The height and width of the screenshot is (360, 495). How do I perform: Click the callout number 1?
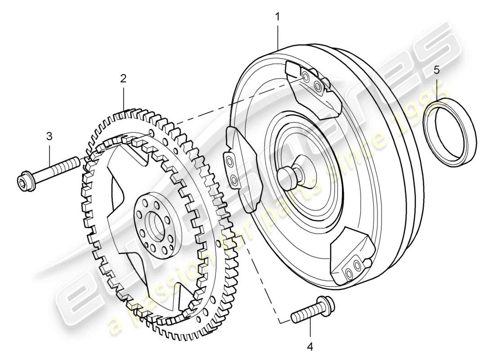pyautogui.click(x=278, y=17)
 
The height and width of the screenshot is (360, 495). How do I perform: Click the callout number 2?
pyautogui.click(x=123, y=78)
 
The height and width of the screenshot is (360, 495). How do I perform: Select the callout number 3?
pyautogui.click(x=49, y=135)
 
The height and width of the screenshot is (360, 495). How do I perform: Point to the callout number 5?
pyautogui.click(x=436, y=70)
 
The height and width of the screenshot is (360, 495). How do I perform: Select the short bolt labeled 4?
pyautogui.click(x=310, y=310)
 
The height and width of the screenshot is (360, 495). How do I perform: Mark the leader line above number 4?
pyautogui.click(x=310, y=330)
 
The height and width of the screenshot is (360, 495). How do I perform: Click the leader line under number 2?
pyautogui.click(x=123, y=97)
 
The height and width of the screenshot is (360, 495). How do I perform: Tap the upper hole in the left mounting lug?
pyautogui.click(x=230, y=161)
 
